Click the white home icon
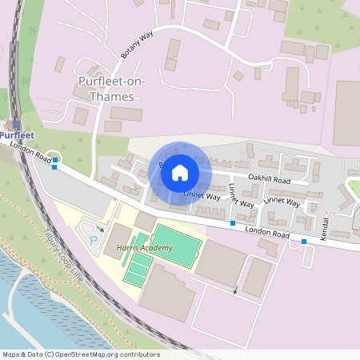click(180, 172)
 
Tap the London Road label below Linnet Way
click(266, 234)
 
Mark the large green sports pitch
click(175, 245)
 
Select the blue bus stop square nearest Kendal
click(303, 241)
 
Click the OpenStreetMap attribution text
click(81, 354)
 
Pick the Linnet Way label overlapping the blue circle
click(202, 195)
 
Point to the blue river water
click(32, 320)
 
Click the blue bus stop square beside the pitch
click(233, 222)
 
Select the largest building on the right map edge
click(346, 113)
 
